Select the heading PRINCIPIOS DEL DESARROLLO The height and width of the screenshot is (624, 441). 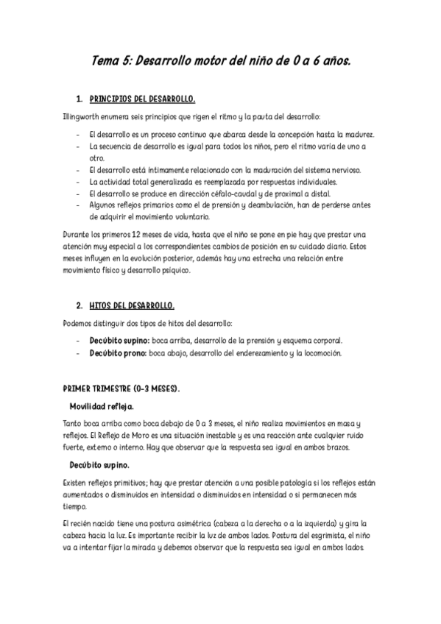(142, 99)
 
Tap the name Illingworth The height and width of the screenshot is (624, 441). (82, 117)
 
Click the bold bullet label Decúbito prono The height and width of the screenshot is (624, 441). (117, 353)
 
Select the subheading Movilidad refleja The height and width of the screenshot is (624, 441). (102, 405)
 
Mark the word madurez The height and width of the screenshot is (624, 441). (356, 135)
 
